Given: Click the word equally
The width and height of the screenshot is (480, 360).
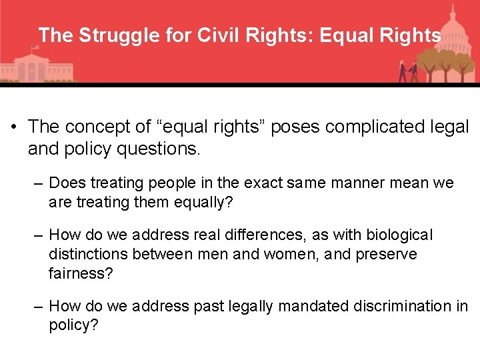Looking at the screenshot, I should pyautogui.click(x=203, y=201).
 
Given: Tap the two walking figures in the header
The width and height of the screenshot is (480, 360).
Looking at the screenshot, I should pyautogui.click(x=408, y=71).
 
